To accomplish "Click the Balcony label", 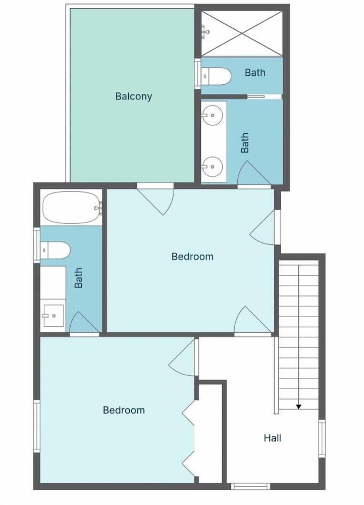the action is tap(134, 96).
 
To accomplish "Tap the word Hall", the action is tap(272, 438).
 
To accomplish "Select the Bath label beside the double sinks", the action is tap(244, 143).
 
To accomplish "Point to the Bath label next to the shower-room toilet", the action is tap(255, 72).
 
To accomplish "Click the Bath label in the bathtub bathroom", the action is tap(78, 278).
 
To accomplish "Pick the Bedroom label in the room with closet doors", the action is tap(124, 410).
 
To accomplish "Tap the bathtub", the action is tap(72, 207).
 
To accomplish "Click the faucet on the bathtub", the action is tap(98, 208).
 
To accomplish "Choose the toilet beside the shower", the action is tap(216, 76).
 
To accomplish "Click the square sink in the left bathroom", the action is tap(54, 316).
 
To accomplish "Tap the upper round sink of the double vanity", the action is tap(213, 115).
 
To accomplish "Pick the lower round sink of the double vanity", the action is tap(213, 167).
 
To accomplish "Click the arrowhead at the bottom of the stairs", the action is tap(299, 407).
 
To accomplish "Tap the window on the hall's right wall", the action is tap(322, 438).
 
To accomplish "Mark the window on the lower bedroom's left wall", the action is tap(37, 426).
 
